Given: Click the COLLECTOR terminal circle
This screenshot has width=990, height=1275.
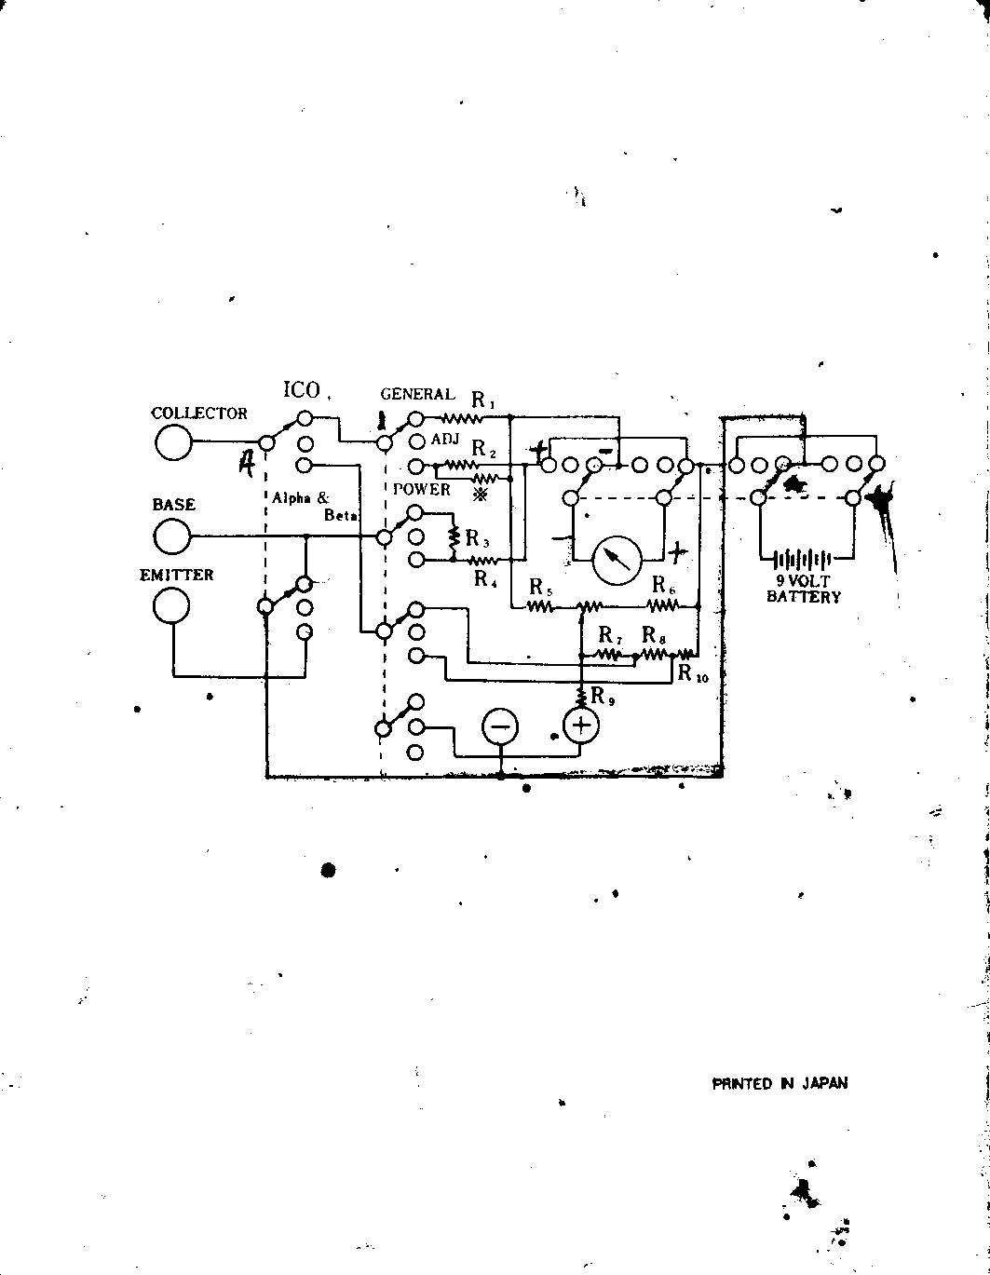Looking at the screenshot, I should coord(172,442).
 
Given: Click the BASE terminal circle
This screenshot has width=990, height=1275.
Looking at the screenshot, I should coord(172,536).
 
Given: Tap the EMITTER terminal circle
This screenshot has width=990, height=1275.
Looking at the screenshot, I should coord(170,606).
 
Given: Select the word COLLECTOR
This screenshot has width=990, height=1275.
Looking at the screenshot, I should coord(199,414).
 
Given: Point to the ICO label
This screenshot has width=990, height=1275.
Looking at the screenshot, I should coord(302,390).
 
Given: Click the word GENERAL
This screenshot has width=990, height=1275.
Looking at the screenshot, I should coord(417,395).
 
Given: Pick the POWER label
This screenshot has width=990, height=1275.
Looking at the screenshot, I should coord(421,490).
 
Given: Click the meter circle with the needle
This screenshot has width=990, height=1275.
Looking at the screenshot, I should coord(617,559).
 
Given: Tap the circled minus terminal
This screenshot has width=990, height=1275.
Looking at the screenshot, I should coord(500,726).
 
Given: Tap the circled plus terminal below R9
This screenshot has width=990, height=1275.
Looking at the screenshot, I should coord(581,726).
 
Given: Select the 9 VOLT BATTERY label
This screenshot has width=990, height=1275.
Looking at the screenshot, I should coord(803,589).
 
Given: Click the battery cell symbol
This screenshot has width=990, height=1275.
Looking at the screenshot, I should coord(802,559).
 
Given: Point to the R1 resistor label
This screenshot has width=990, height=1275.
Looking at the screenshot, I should coord(483,401).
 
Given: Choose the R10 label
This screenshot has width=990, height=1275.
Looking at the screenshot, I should coord(693,673).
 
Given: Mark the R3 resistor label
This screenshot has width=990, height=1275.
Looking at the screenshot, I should coord(478,538).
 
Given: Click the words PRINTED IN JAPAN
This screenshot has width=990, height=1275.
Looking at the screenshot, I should coord(780,1083).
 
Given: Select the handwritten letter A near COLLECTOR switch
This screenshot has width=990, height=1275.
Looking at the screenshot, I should coord(246,462).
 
